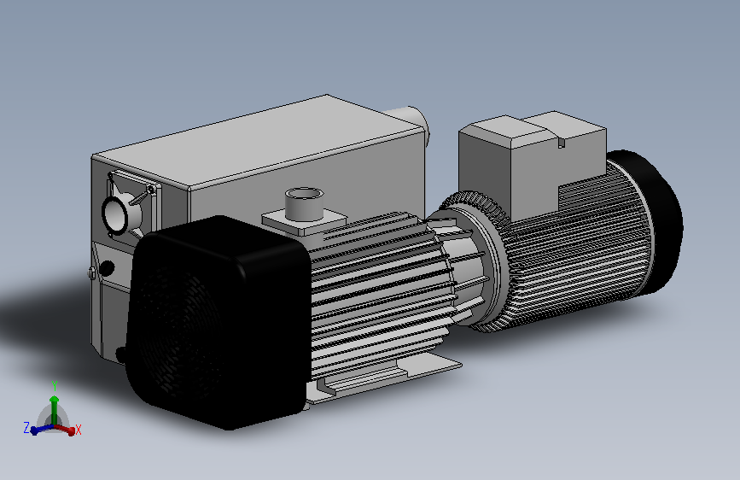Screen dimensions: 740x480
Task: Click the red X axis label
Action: click(x=79, y=430)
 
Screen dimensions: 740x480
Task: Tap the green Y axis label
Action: click(x=55, y=386)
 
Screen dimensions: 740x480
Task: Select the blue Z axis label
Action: click(x=26, y=428)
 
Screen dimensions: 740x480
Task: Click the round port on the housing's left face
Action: click(x=115, y=216)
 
